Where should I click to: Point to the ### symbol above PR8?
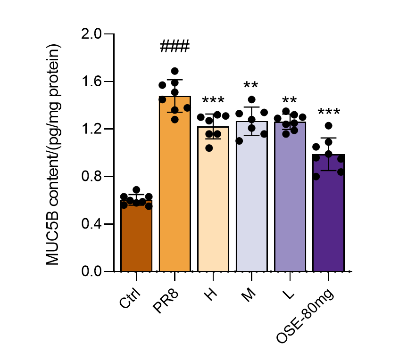[175, 47]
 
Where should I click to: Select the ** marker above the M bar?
[251, 86]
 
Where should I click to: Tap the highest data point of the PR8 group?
[175, 71]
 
